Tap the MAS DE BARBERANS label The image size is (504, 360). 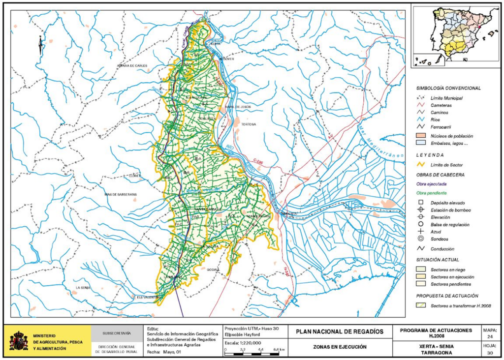coord(120,194)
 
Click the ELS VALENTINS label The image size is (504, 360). coord(147,297)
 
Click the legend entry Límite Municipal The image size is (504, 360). coord(446,98)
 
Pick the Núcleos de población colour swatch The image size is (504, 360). coord(421,135)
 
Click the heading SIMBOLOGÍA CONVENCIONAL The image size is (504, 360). coord(448,88)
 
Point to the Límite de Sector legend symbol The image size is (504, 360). coord(421,165)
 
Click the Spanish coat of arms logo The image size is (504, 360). coord(19,340)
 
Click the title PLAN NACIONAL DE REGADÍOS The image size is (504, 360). coord(339,332)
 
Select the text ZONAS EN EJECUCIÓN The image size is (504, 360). coord(339,347)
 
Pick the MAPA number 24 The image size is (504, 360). coord(490,337)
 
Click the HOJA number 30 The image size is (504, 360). coord(490,352)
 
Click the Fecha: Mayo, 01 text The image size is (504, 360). coord(165,352)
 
